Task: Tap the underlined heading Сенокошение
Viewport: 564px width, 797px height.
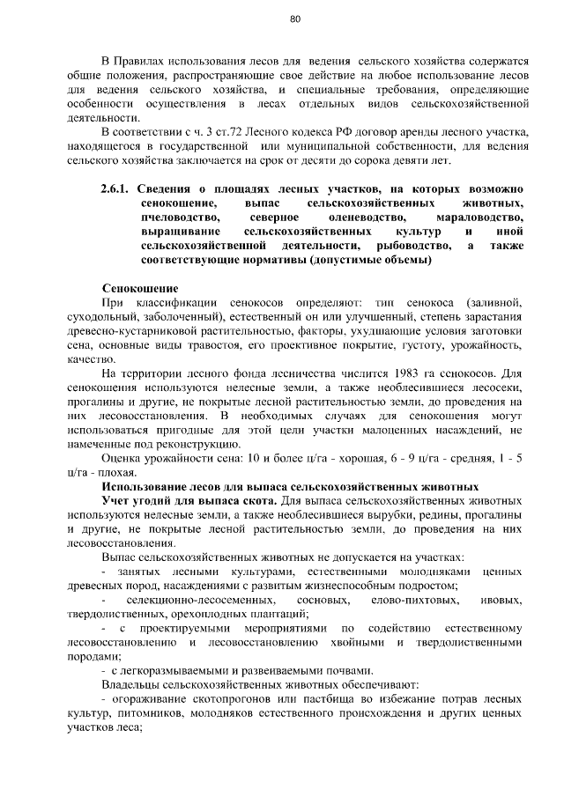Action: (x=140, y=288)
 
